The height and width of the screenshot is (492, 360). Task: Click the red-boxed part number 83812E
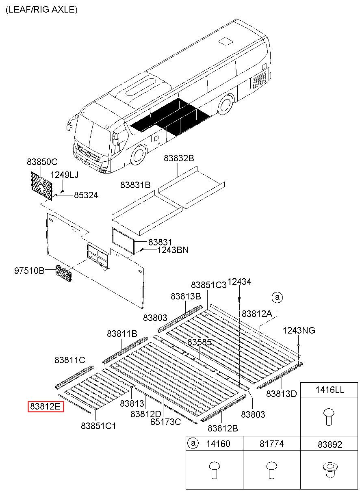(46, 406)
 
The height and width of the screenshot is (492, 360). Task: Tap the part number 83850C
(42, 161)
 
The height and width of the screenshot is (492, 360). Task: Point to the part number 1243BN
(173, 250)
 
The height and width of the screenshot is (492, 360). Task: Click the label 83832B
(179, 158)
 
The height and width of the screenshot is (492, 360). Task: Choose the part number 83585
(200, 342)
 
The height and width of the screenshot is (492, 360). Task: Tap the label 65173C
(166, 422)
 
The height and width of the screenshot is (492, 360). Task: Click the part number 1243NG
(299, 330)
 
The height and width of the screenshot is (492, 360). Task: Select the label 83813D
(282, 393)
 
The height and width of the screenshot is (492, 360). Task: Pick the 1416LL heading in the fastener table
(330, 390)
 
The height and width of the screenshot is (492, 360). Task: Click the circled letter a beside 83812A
(278, 297)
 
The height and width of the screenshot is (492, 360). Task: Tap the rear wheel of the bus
(225, 105)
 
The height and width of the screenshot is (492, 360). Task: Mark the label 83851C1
(99, 426)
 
